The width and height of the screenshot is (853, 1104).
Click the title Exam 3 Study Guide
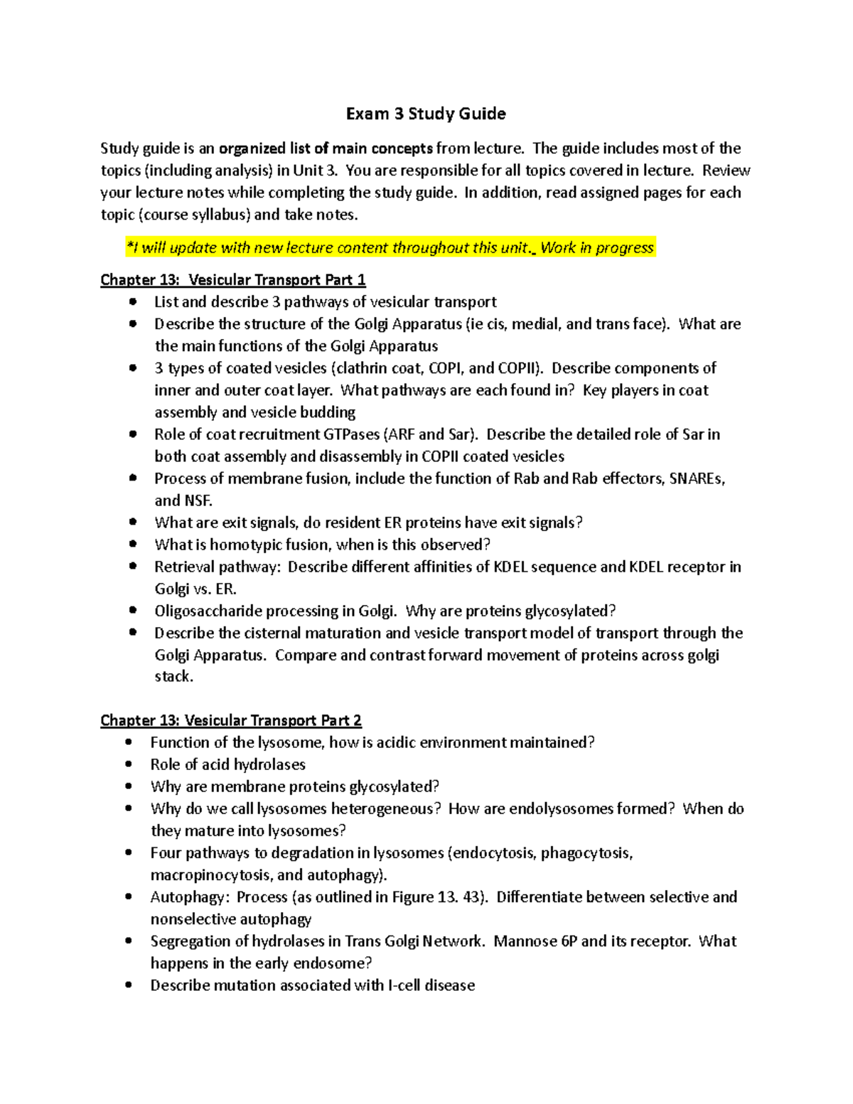point(426,114)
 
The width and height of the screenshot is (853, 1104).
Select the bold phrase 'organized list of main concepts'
point(326,149)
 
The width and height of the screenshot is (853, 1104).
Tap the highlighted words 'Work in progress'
point(596,248)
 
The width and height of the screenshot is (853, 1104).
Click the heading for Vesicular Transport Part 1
point(233,280)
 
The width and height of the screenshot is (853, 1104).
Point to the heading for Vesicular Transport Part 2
point(231,721)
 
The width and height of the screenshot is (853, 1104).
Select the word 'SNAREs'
point(697,478)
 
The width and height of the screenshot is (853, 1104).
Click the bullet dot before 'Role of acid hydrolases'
point(129,765)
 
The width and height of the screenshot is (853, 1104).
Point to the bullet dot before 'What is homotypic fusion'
point(132,545)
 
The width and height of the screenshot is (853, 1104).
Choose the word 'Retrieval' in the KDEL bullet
point(183,567)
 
